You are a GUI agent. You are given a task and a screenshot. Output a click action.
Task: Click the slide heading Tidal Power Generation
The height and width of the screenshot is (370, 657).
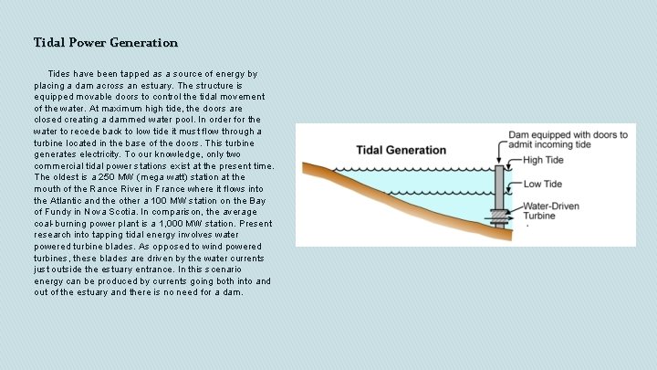[106, 43]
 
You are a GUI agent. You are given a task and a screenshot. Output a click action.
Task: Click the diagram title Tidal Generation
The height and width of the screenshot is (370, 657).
[401, 150]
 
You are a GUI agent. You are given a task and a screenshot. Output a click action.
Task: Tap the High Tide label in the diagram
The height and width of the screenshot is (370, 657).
[544, 161]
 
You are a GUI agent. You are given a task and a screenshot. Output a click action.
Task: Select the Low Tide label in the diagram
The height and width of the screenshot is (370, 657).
[543, 185]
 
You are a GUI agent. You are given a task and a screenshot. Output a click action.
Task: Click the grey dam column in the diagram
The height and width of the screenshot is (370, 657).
[499, 187]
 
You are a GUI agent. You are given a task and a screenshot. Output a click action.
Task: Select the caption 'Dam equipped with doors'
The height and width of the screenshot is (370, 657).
[568, 135]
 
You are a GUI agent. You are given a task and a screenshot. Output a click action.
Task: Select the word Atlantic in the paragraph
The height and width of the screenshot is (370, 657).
[68, 200]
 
